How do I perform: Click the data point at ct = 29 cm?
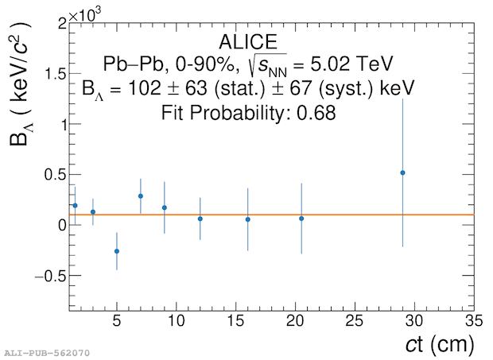(x=402, y=172)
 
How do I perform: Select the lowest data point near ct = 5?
(x=117, y=251)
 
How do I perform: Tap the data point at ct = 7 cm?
(x=141, y=195)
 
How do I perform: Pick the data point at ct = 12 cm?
(x=200, y=219)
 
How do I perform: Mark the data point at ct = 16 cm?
(x=248, y=219)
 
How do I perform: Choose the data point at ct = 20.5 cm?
(x=301, y=219)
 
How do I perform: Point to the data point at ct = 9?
(x=165, y=207)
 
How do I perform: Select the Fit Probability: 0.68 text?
(x=249, y=113)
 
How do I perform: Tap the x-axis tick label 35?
(x=473, y=323)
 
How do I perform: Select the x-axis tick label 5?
(x=117, y=323)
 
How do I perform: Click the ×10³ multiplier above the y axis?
(x=83, y=15)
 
